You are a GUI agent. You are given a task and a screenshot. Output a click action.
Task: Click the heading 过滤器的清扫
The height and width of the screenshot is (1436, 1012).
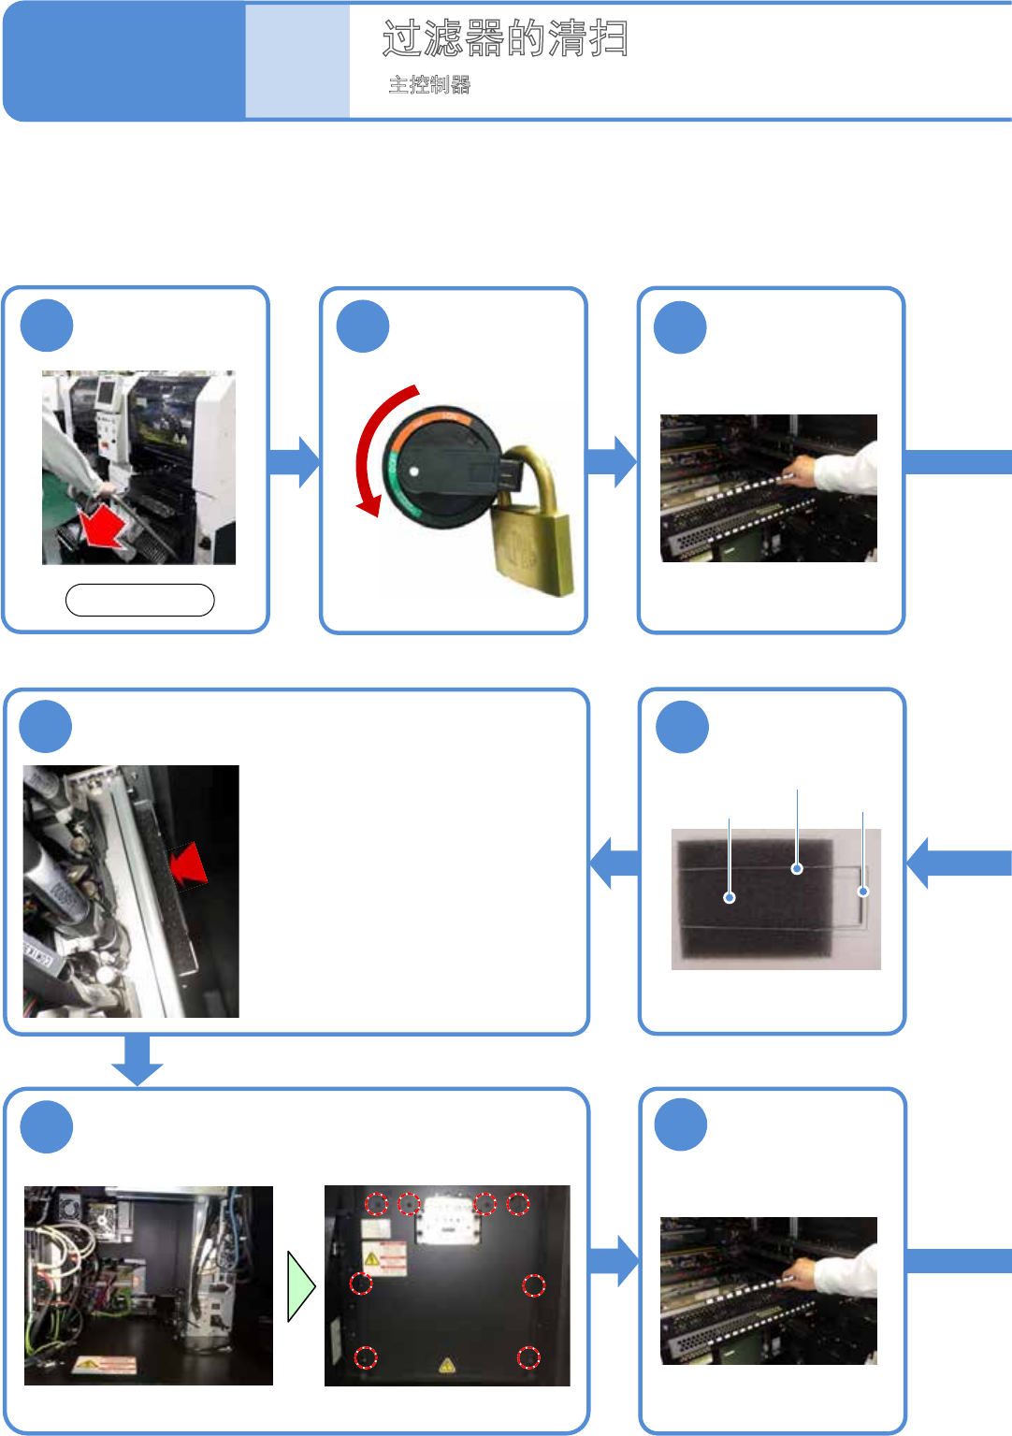coord(505,38)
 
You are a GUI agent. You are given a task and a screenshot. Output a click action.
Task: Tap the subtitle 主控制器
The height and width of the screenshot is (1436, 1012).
coord(429,85)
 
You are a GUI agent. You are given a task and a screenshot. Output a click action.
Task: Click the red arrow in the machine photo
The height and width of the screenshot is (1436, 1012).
coord(103,527)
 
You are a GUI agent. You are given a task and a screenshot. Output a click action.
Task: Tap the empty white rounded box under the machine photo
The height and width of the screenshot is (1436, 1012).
coord(140,601)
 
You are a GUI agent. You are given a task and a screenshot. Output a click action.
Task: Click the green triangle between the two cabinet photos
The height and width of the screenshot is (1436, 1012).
coord(300,1286)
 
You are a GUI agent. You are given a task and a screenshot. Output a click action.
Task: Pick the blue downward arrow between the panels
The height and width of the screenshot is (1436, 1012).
coord(137,1060)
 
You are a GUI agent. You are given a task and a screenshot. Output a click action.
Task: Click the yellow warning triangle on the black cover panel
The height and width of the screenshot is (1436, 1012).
coord(447,1366)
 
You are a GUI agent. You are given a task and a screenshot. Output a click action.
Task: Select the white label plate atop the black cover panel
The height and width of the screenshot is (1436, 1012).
coord(447,1220)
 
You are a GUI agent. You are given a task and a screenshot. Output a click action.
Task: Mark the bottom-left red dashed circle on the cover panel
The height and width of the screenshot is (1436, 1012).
coord(366,1357)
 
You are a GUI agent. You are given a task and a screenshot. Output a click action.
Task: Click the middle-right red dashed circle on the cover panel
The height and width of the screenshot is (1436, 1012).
coord(533,1285)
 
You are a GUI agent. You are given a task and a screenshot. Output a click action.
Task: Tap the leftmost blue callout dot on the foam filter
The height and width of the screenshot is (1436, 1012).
coord(730,898)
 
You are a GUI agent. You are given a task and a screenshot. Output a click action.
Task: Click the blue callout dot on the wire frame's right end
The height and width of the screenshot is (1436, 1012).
coord(863,892)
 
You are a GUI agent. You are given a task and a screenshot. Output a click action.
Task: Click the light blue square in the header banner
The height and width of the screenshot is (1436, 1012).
coord(297,61)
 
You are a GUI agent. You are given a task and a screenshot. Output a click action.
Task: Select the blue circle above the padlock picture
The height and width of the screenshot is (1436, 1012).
coord(363,326)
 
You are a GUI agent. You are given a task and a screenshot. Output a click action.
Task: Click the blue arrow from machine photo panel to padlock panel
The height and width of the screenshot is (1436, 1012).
coord(295,462)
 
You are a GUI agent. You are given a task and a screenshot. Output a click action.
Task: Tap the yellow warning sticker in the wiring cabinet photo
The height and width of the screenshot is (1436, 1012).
coord(105,1365)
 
